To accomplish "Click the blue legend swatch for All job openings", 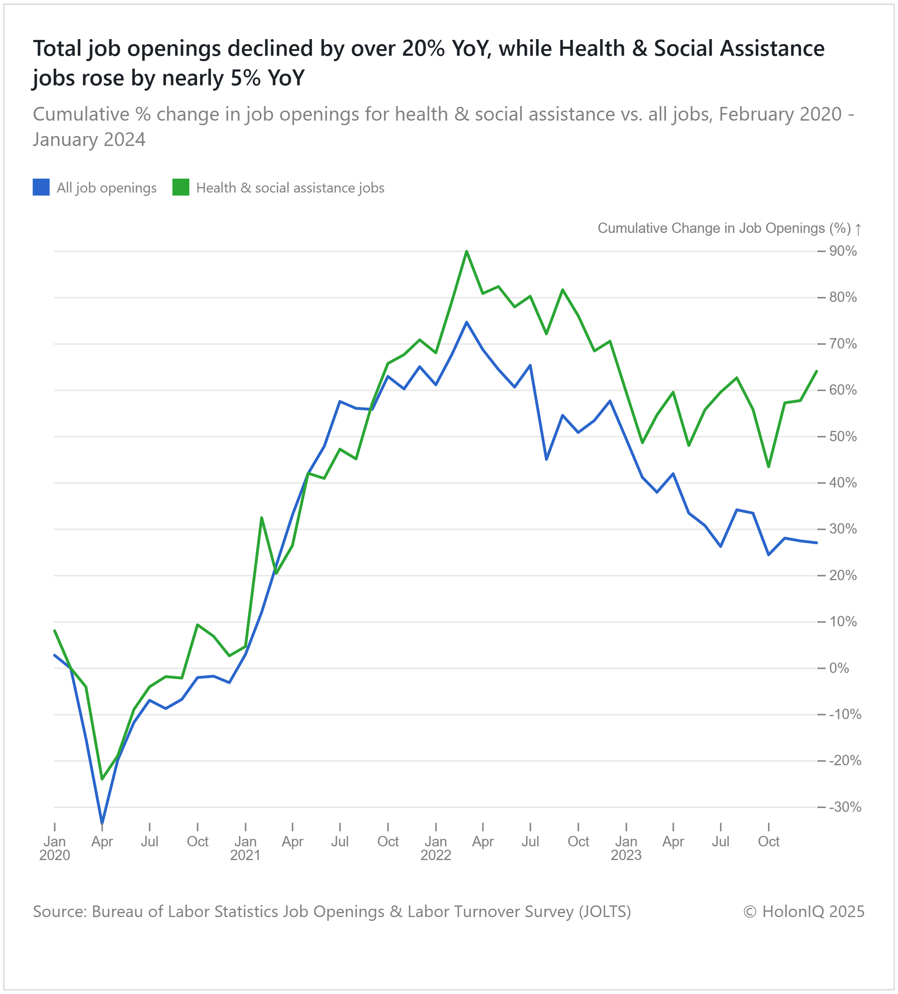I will [41, 187].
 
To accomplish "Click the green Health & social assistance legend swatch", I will [181, 187].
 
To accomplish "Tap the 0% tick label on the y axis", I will [839, 668].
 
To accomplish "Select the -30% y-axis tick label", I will [845, 807].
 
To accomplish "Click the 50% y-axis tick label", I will [843, 436].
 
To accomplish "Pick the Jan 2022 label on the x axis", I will [436, 848].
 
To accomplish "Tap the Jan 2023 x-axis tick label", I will [626, 848].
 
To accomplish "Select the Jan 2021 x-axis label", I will [245, 848].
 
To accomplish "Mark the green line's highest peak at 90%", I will [467, 252].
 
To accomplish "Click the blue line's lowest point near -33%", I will [101, 823].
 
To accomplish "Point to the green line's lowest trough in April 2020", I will [102, 779].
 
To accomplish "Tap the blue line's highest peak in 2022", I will [467, 322].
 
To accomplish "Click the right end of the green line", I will [816, 371].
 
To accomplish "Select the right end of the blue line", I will [816, 543].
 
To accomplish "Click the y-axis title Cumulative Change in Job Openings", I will [724, 228].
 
